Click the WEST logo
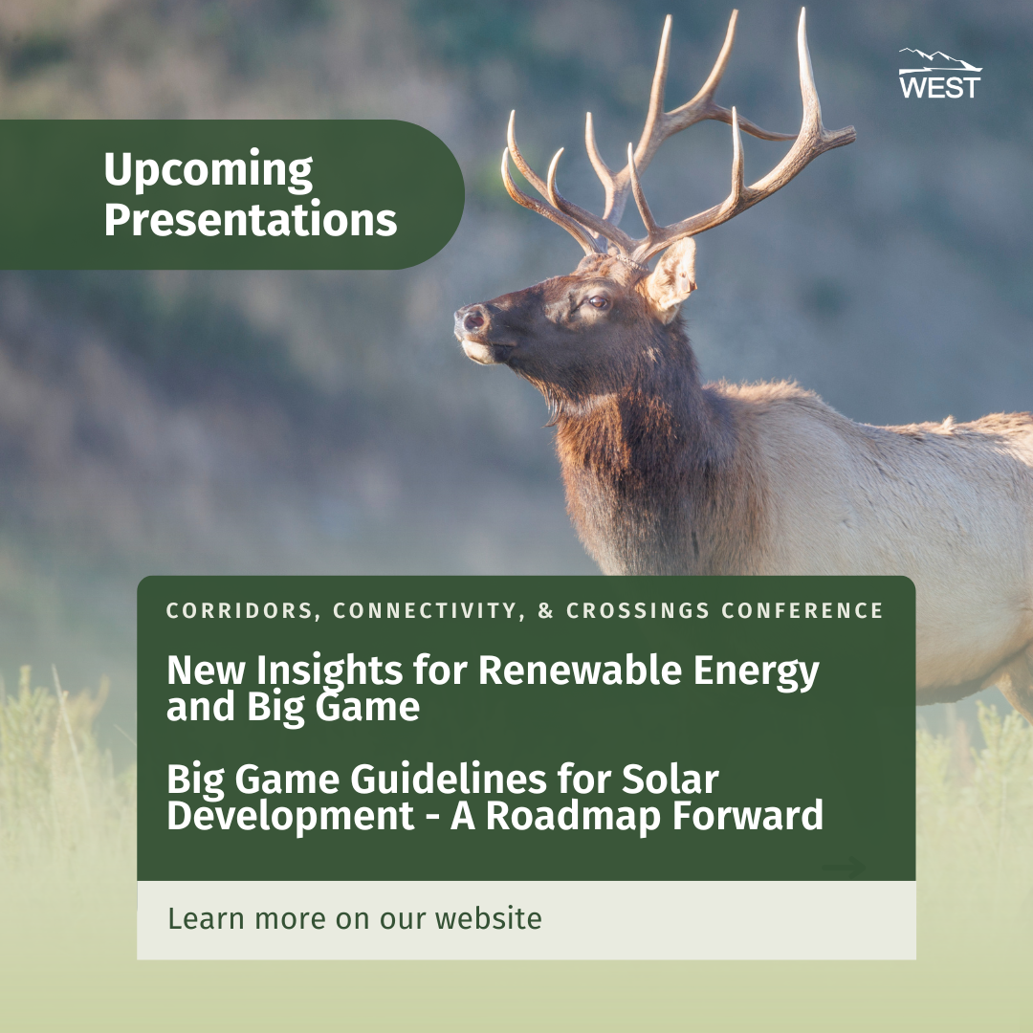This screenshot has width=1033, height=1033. pyautogui.click(x=939, y=75)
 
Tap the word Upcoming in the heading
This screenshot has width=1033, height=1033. pyautogui.click(x=208, y=171)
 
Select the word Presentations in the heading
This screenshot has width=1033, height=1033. pyautogui.click(x=250, y=220)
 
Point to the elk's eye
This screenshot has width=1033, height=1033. pyautogui.click(x=598, y=302)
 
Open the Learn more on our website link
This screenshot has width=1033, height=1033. pyautogui.click(x=355, y=919)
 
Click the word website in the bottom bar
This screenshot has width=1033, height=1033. pyautogui.click(x=489, y=919)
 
